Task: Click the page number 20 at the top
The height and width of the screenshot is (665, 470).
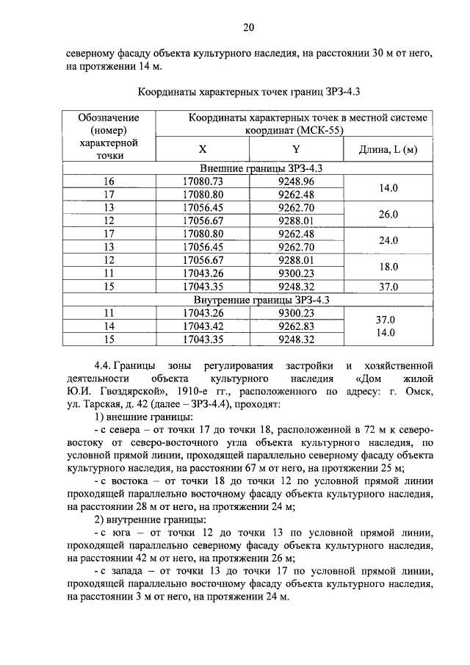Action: coord(248,27)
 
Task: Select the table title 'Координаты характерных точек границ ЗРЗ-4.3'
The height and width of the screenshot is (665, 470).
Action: coord(248,93)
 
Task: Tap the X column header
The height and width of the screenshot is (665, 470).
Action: coord(203,149)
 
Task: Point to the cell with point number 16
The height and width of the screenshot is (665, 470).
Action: coord(109,181)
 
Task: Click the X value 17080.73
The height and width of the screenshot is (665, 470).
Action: coord(203,181)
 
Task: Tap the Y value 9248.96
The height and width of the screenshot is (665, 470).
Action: coord(296,181)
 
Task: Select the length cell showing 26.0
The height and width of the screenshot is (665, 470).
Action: coord(388,214)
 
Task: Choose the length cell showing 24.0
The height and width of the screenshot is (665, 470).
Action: coord(388,240)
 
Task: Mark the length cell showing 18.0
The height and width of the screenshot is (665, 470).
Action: coord(388,267)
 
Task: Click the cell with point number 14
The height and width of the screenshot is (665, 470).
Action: coord(109,326)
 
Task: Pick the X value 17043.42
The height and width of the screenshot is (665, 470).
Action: coord(203,326)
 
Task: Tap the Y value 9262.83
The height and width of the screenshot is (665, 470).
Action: coord(296,326)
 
